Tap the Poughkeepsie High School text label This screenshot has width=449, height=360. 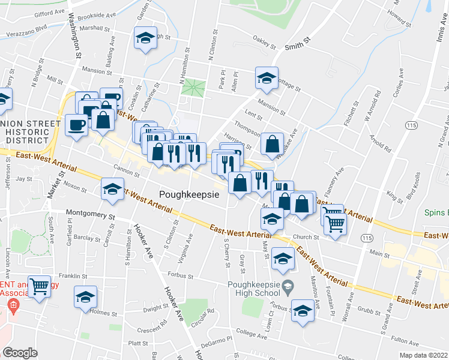(254, 289)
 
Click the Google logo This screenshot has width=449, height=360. (20, 353)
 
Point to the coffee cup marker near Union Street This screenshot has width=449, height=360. (76, 125)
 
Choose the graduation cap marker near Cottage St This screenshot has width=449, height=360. (267, 78)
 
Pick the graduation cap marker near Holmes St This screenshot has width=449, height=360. (85, 296)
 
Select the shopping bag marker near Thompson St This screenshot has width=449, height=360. (273, 144)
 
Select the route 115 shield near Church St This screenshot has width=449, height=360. (366, 238)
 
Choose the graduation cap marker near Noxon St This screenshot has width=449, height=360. (112, 190)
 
